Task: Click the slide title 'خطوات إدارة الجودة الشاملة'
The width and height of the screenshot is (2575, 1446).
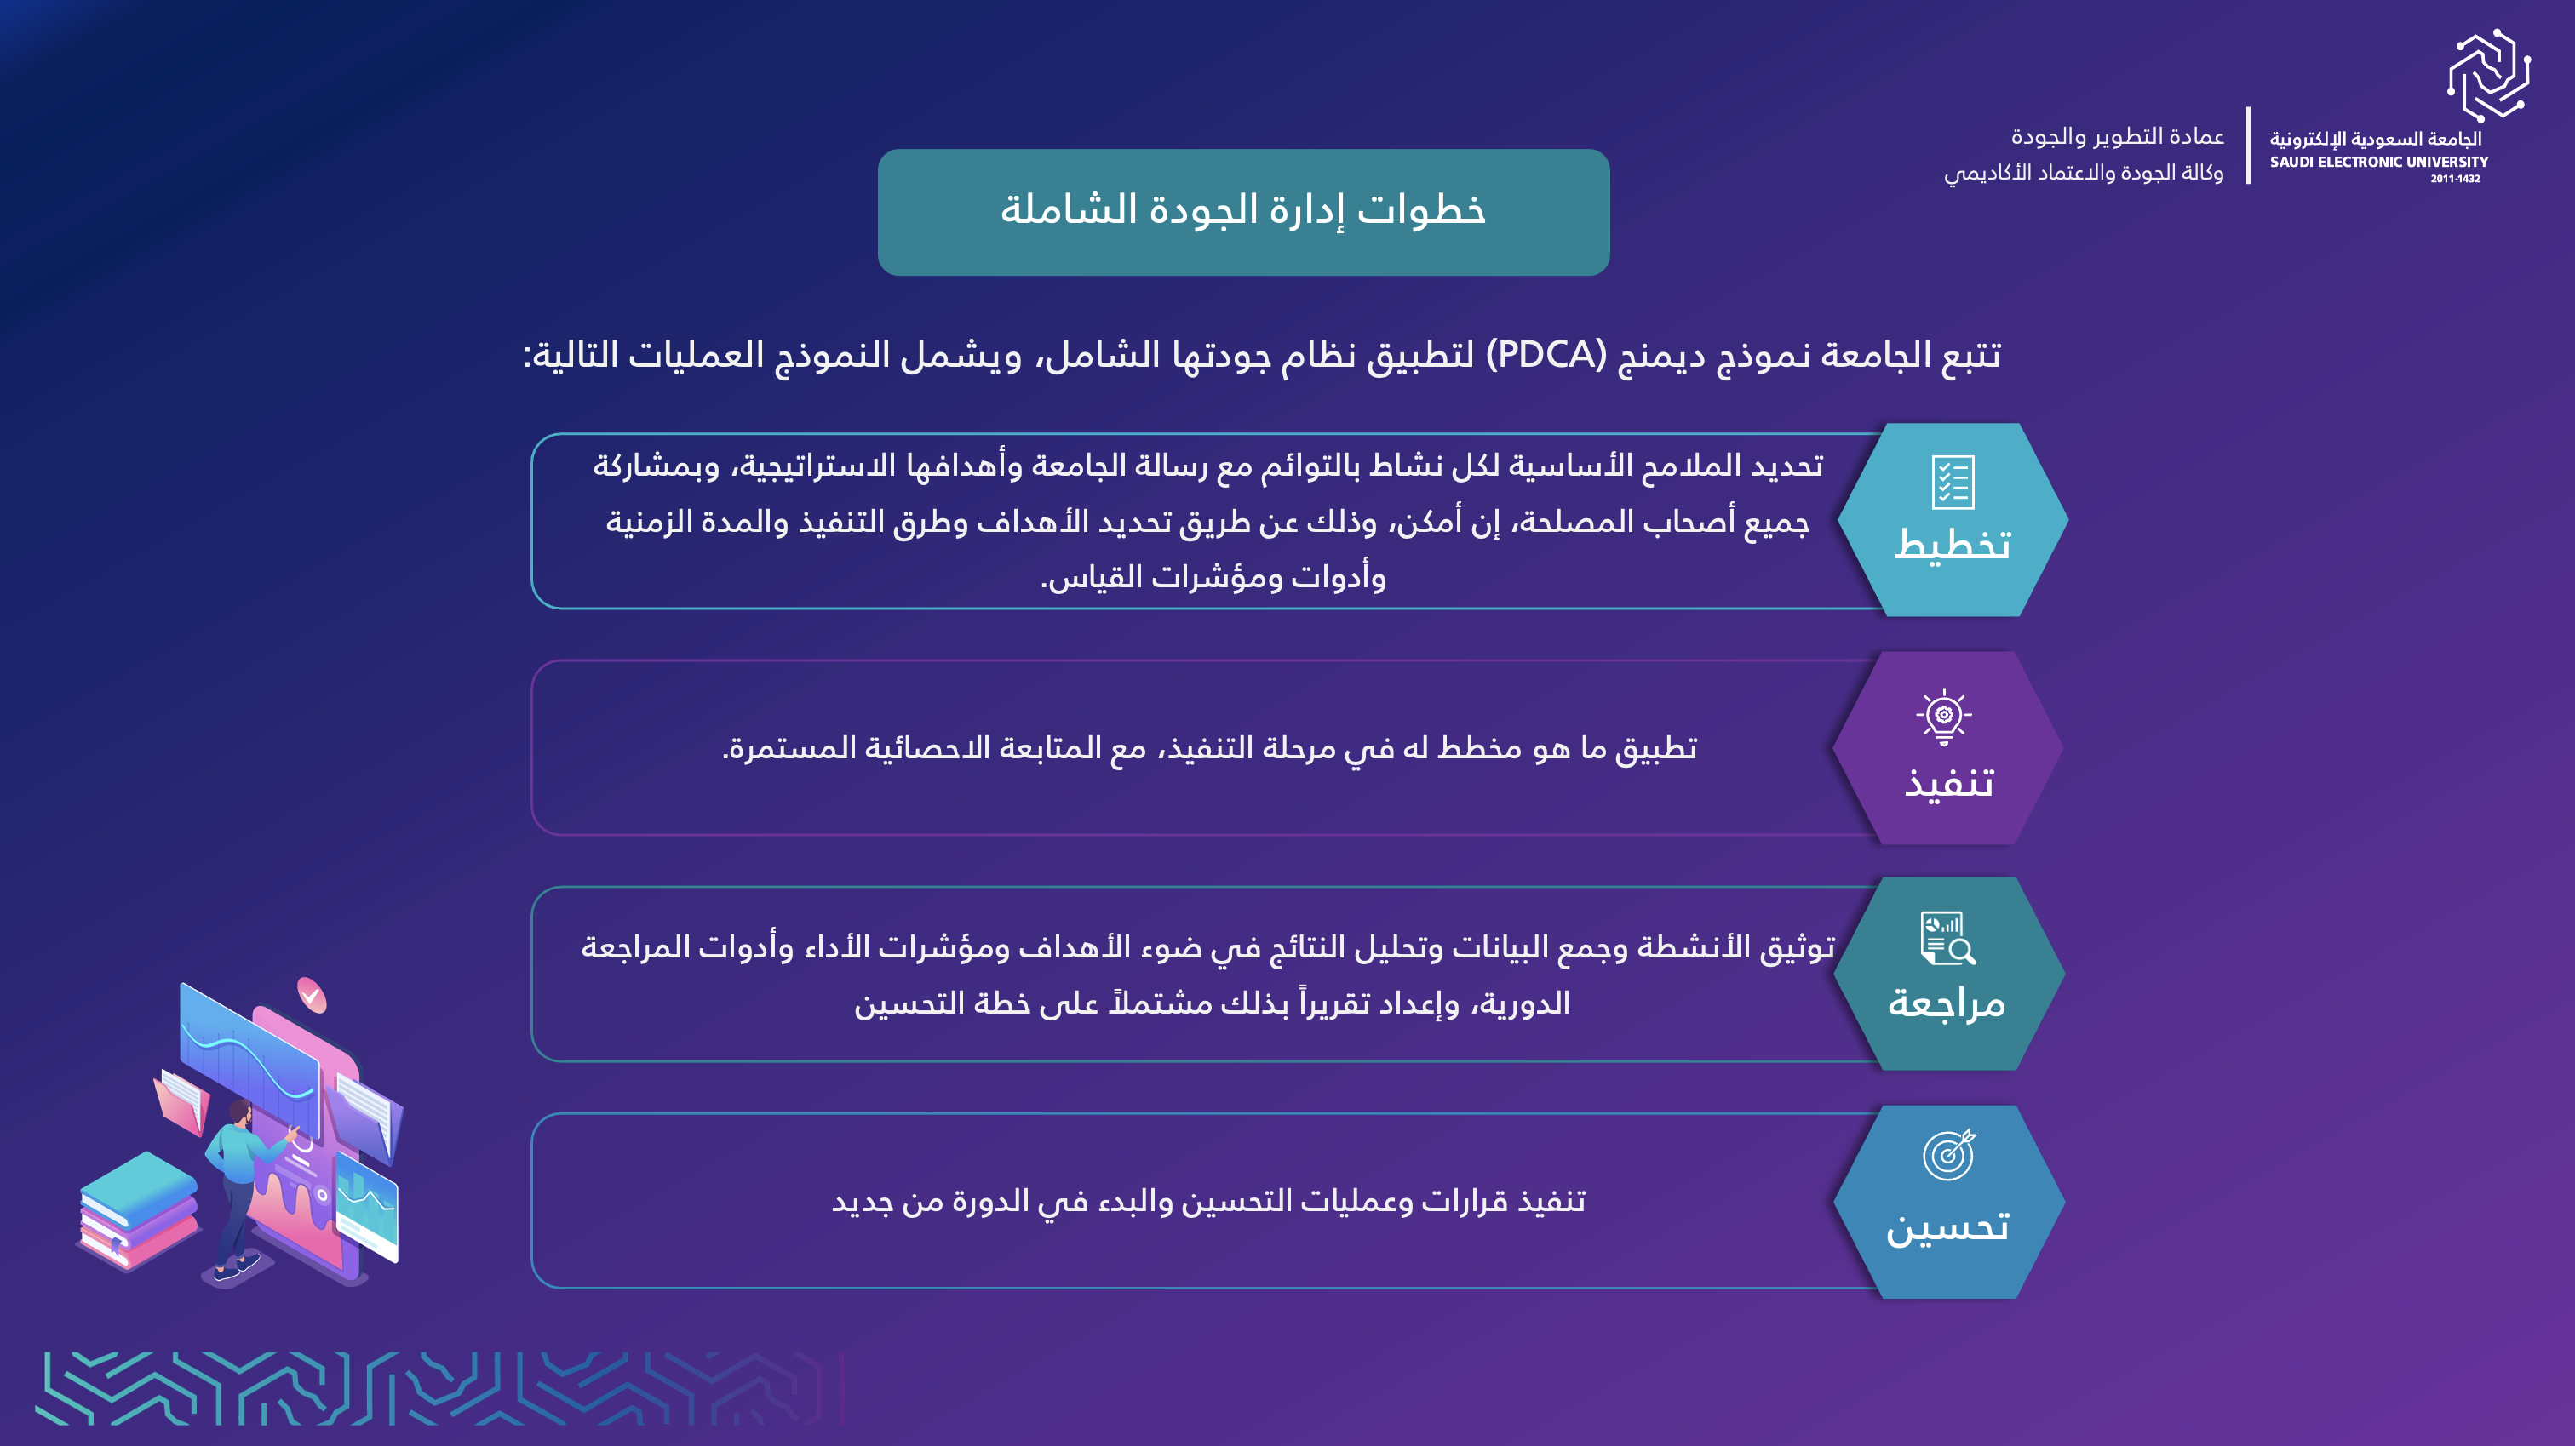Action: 1242,210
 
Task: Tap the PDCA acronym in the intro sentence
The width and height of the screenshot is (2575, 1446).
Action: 1546,355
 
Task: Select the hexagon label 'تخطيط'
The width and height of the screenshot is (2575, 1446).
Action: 1953,545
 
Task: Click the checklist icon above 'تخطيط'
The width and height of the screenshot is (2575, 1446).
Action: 1953,483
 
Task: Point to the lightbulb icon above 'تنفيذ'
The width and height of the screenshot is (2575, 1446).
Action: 1943,717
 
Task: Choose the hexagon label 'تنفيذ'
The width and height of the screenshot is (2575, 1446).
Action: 1948,781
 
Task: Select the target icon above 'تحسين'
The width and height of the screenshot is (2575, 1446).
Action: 1949,1155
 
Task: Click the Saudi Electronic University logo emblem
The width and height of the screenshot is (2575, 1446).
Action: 2488,75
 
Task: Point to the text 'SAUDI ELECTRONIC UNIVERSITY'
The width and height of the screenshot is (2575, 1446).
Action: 2379,162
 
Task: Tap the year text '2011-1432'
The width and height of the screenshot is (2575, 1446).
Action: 2455,179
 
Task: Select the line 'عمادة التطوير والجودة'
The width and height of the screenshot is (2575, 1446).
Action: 2117,136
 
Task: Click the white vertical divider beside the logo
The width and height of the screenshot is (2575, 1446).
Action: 2248,146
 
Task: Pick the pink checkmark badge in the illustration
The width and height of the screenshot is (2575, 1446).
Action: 312,995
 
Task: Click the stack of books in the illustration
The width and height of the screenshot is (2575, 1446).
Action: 139,1210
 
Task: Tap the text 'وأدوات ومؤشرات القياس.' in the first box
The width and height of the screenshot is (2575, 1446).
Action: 1213,578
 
